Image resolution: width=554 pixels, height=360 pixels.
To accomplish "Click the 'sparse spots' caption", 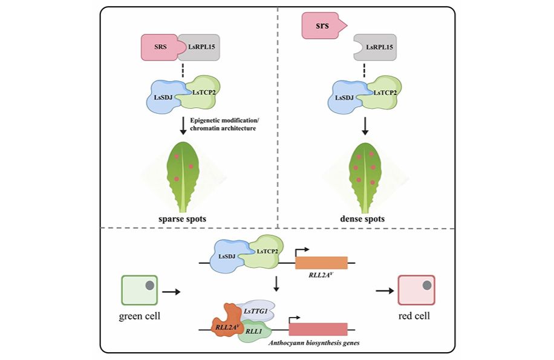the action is (x=182, y=218).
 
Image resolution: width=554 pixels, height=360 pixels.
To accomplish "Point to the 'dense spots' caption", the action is (x=362, y=218).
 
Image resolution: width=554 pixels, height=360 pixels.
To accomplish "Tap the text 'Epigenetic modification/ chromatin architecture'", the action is (x=224, y=125).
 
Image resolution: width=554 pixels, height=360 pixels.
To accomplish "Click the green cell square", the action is (x=139, y=290).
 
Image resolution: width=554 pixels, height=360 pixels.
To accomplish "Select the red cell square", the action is (x=417, y=290).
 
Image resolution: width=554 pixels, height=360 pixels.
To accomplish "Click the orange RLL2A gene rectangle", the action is (x=322, y=263).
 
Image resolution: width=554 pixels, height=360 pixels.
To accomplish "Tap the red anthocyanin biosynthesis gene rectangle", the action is (x=318, y=329).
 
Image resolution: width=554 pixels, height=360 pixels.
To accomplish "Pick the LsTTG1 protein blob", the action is (x=256, y=310).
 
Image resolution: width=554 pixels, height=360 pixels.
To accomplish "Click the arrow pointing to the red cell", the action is (x=385, y=291).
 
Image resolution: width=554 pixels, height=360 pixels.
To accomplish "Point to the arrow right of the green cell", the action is (x=171, y=292).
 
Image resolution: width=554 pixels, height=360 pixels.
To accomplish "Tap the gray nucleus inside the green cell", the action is (x=150, y=285).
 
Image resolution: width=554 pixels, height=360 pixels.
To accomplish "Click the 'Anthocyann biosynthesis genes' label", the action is (x=314, y=343).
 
